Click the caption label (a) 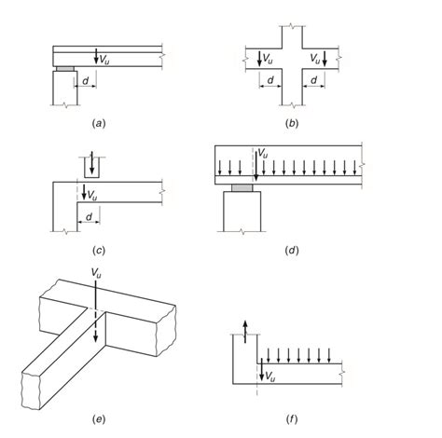(x=98, y=122)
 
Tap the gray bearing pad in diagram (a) (x=65, y=69)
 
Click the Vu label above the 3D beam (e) (x=97, y=273)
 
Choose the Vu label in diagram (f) (x=268, y=376)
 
